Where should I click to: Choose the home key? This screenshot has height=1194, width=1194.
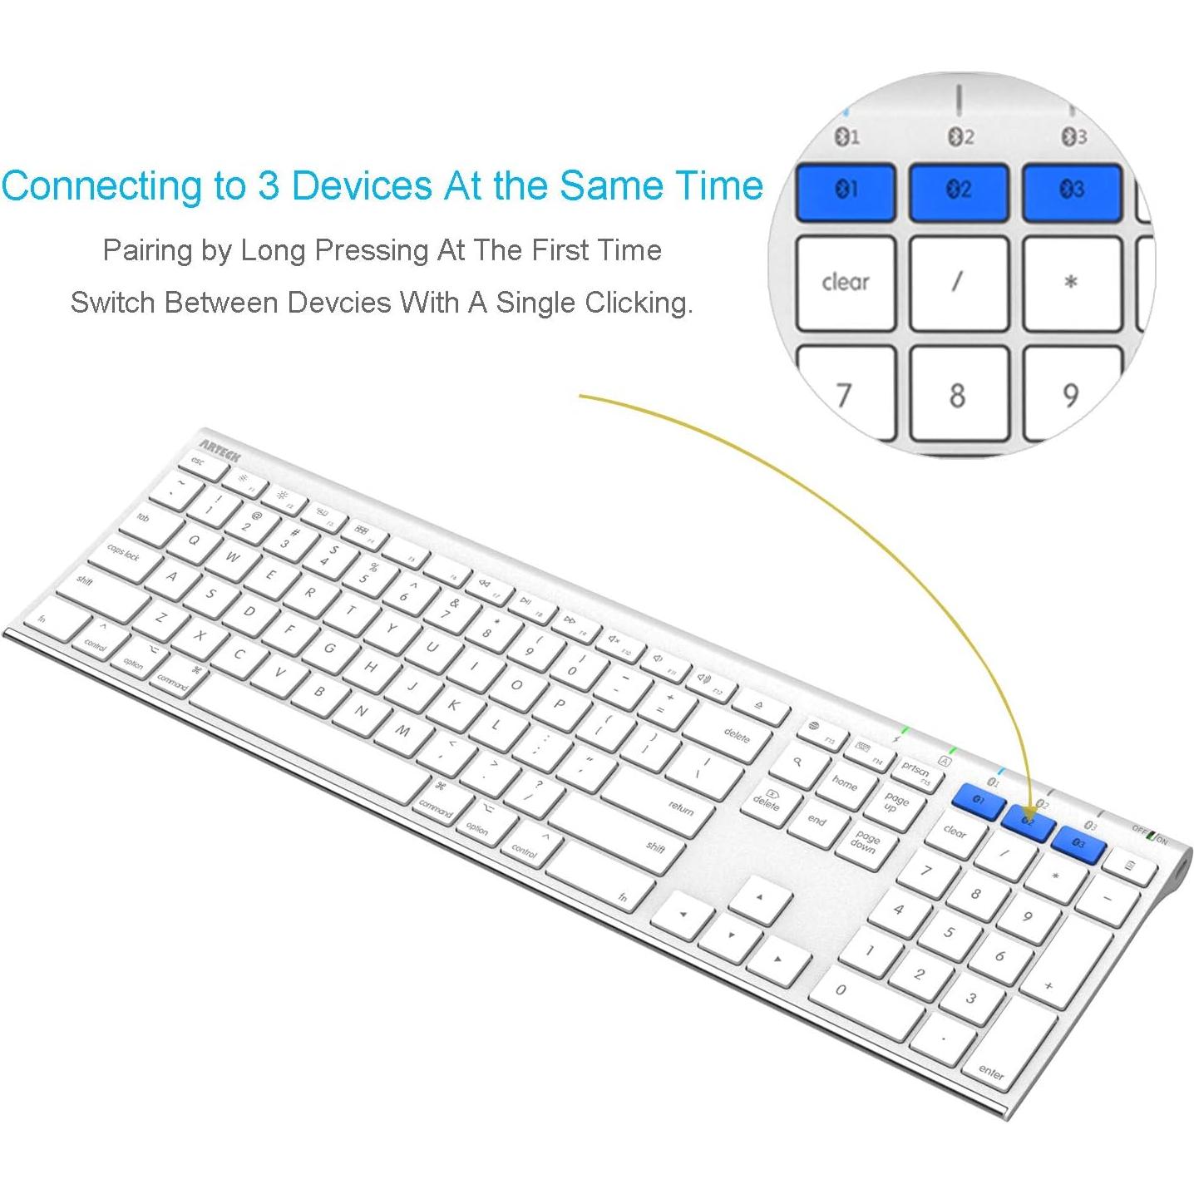pos(844,783)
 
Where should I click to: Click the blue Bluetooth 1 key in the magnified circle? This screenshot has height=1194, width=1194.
pos(846,192)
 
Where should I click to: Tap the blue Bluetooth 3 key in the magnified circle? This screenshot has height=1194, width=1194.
pos(1072,192)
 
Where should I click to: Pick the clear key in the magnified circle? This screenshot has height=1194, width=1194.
pos(846,283)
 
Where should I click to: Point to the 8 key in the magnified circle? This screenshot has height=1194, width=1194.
pos(958,394)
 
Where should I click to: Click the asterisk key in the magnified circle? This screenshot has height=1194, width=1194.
pos(1071,283)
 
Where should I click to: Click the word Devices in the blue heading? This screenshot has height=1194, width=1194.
pos(361,185)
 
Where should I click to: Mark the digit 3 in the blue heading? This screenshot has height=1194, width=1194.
pos(268,185)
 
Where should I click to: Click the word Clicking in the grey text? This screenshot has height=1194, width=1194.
pos(636,303)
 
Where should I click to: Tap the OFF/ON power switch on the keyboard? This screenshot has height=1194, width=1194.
pos(1152,837)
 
